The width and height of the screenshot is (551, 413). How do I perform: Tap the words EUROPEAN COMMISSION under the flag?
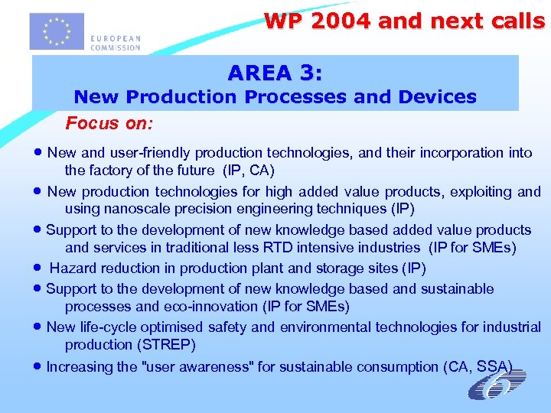coord(116,43)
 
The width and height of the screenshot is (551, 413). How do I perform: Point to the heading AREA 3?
coord(275,73)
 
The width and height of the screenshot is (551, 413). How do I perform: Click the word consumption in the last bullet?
coord(401,366)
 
